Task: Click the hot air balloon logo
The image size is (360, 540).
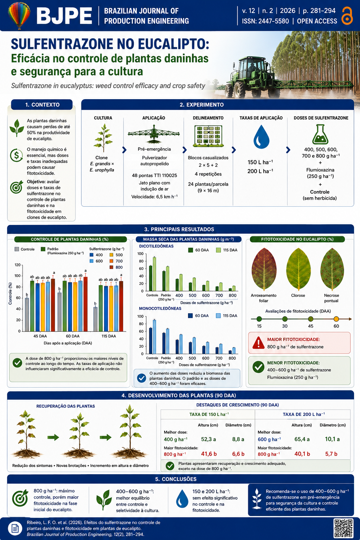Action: point(19,15)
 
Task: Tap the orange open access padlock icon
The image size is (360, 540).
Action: point(347,15)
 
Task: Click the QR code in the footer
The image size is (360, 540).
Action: point(343,528)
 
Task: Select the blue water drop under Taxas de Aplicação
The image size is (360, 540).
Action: point(261,137)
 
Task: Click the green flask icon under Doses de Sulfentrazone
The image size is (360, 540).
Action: point(320,134)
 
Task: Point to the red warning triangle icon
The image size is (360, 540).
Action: point(258,342)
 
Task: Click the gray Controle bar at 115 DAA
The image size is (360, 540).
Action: point(95,319)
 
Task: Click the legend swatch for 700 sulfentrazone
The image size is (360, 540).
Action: point(111,261)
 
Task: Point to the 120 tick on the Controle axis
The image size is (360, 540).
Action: point(18,265)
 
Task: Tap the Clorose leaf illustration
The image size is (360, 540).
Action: point(298,269)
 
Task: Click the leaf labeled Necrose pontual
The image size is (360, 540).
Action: point(332,269)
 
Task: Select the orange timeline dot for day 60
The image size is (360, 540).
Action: point(336,319)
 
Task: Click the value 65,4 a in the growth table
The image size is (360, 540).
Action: point(302,439)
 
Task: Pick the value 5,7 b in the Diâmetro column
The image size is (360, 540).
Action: point(331,454)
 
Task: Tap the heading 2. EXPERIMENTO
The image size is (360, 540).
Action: point(201,105)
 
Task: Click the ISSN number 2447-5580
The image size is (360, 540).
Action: point(274,21)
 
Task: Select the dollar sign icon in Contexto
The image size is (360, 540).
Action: point(16,155)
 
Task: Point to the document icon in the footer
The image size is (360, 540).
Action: point(15,528)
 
